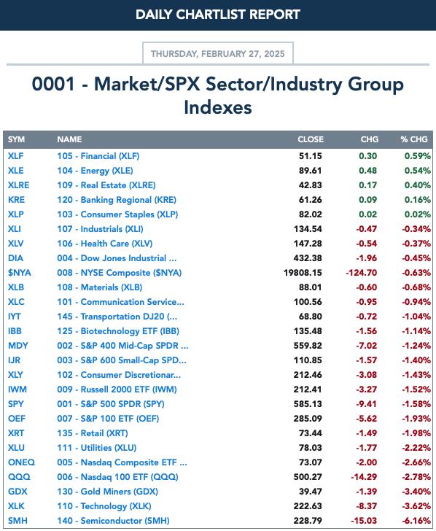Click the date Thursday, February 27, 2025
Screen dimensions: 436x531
click(218, 53)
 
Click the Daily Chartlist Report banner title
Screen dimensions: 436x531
click(218, 15)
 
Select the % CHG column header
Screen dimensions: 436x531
click(414, 139)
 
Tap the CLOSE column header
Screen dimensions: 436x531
click(311, 139)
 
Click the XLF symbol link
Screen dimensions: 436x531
click(16, 156)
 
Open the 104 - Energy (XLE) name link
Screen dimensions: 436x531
click(95, 171)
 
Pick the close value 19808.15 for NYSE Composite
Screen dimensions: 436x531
click(303, 273)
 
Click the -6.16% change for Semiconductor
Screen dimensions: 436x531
click(416, 521)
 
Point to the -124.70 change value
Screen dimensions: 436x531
click(361, 273)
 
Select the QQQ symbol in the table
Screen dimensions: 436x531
click(19, 477)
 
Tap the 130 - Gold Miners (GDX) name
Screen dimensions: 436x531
click(107, 492)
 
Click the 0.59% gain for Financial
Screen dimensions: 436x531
click(417, 156)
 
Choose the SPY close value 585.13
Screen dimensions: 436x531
click(308, 403)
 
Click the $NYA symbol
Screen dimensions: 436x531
click(19, 273)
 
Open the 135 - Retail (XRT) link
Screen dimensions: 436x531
click(93, 433)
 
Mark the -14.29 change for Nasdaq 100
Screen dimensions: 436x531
click(364, 477)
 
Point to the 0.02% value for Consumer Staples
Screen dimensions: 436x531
click(417, 214)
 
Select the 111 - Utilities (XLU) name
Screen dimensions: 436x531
click(96, 448)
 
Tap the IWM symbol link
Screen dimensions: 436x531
click(17, 389)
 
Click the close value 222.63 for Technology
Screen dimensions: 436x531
click(308, 506)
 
